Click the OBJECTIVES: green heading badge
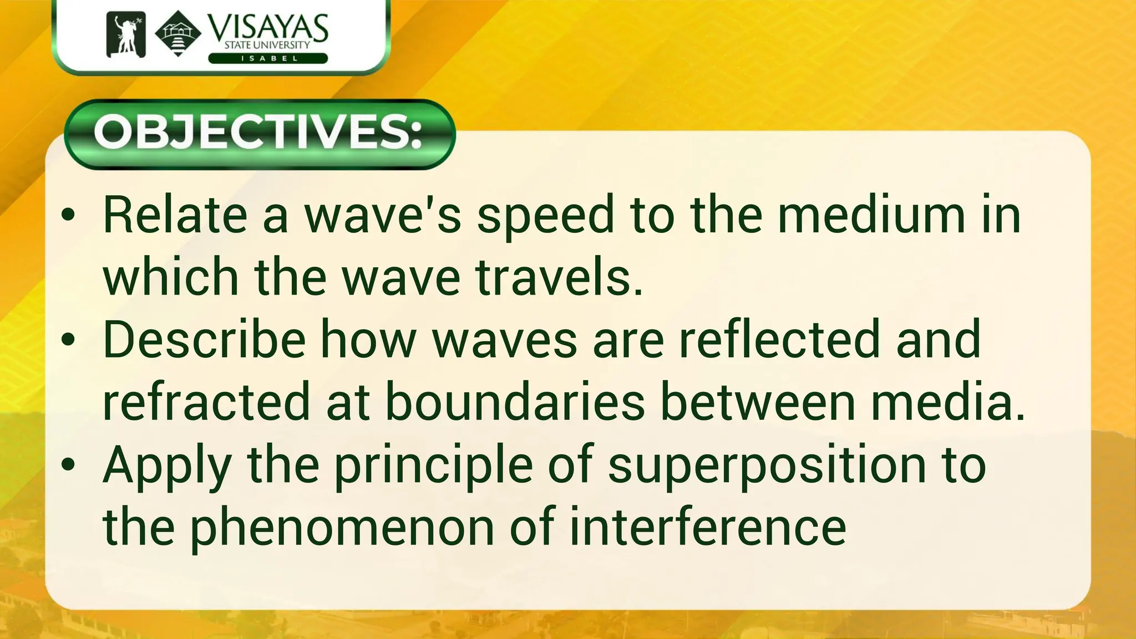[260, 134]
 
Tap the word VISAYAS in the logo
[268, 28]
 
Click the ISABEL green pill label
[268, 58]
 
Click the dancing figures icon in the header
[126, 34]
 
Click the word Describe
[204, 339]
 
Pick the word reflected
[780, 339]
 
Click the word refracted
[206, 402]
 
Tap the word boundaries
[515, 402]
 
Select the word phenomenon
[343, 528]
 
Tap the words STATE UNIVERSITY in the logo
[267, 45]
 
